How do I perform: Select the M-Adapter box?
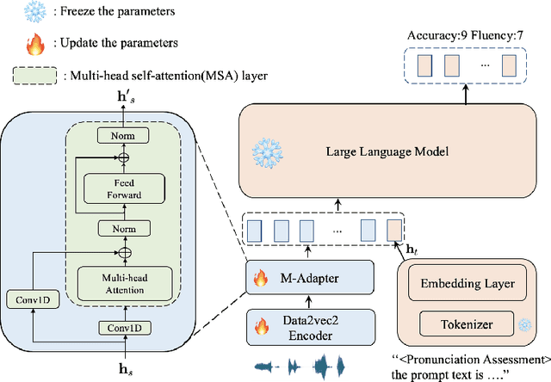coord(310,277)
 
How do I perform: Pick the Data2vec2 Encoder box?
coord(310,325)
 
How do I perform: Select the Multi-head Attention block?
coord(125,286)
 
